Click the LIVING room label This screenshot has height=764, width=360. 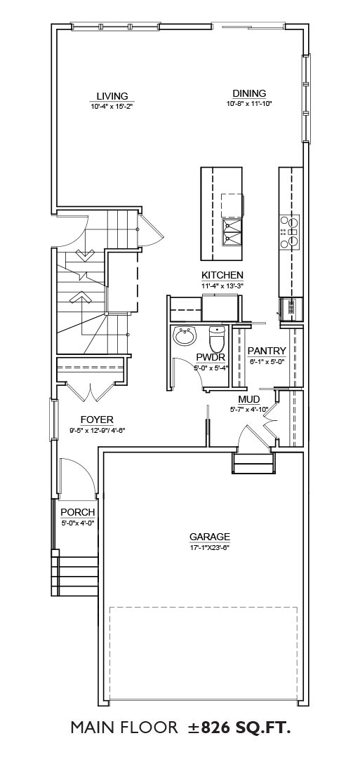coord(112,96)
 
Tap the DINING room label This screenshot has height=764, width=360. coord(249,93)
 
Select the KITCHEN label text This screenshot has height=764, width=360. coord(222,276)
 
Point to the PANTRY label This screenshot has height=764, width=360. coord(267,351)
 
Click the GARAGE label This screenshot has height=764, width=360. coord(209,537)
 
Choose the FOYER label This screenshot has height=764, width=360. coord(97,420)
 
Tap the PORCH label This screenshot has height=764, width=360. coord(77,513)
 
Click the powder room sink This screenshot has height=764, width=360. coord(185,337)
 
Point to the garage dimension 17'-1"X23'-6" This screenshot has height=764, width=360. coord(209,547)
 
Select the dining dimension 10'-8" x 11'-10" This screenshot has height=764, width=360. coord(249,103)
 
